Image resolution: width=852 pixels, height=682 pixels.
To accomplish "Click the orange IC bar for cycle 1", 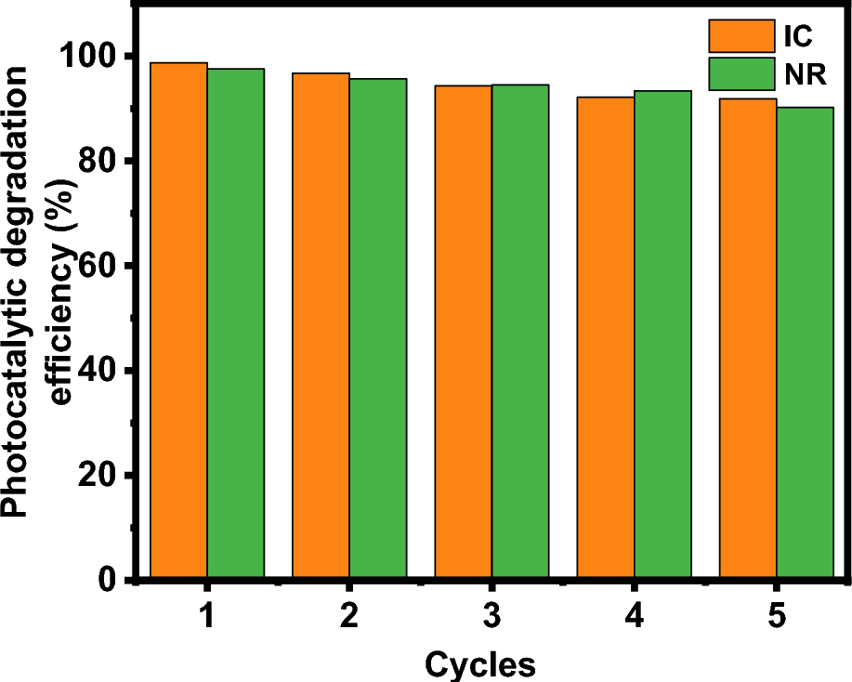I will [x=179, y=321].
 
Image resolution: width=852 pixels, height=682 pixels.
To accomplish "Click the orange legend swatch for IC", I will [x=741, y=35].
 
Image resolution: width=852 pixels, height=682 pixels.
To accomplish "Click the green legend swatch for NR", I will [x=741, y=74].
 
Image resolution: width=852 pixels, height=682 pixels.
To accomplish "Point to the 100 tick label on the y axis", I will [x=90, y=57].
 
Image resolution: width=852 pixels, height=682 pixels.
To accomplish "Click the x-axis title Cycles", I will [x=480, y=663].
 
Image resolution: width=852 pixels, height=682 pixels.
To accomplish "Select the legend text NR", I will [x=806, y=75].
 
